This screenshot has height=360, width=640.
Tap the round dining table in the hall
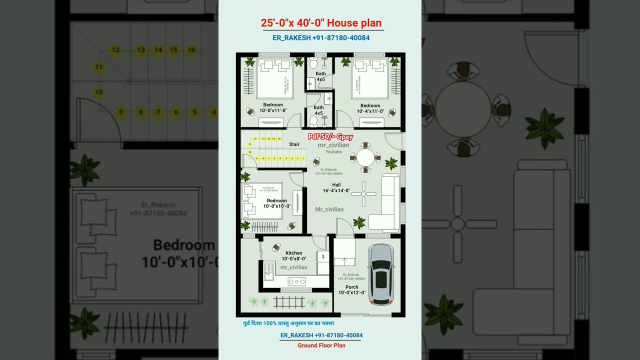click(365, 157)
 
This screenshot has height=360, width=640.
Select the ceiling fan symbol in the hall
click(364, 194)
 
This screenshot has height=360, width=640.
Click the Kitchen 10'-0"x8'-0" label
click(293, 256)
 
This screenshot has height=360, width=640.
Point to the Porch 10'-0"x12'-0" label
click(351, 290)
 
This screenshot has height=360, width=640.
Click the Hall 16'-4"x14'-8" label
click(336, 187)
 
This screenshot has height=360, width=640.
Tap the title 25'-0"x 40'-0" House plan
click(321, 23)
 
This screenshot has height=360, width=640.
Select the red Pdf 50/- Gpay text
click(330, 136)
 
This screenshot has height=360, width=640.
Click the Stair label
click(294, 144)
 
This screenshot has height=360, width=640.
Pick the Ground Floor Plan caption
click(321, 345)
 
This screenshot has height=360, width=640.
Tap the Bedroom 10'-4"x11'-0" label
click(370, 108)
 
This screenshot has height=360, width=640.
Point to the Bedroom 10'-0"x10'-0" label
click(276, 203)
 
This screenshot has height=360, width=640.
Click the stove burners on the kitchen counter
click(296, 281)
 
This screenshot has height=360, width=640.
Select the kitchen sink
click(269, 269)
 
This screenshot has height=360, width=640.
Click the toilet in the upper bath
click(313, 63)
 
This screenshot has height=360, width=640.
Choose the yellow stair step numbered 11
click(250, 144)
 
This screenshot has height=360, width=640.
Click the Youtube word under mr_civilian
click(333, 151)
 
